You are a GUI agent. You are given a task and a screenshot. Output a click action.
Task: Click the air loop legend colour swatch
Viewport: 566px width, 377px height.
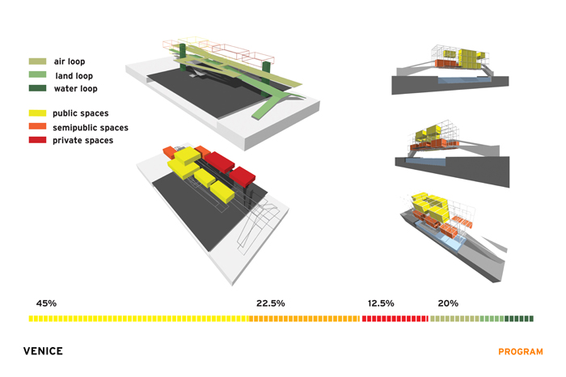tap(37, 61)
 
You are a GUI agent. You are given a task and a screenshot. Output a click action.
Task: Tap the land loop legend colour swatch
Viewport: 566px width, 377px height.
tap(37, 74)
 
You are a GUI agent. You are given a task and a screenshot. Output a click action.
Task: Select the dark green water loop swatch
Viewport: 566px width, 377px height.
tap(37, 88)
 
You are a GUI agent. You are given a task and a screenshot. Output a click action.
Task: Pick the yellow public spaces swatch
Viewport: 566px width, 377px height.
tap(37, 113)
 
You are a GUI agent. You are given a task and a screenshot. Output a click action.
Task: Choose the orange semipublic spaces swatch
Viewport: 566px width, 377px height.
tap(37, 126)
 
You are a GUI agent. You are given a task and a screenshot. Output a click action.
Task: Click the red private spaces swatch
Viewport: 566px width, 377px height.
tap(37, 140)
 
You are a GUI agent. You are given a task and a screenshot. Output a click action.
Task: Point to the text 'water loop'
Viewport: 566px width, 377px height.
tap(76, 88)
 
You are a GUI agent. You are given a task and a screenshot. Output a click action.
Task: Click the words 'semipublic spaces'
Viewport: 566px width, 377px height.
tap(91, 128)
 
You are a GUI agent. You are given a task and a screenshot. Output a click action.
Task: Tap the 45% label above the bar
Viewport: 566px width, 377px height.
tap(46, 303)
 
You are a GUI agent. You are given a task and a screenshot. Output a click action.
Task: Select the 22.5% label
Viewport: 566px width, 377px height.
tap(271, 303)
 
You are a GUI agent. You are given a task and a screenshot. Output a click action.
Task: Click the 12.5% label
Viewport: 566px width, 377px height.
tap(381, 303)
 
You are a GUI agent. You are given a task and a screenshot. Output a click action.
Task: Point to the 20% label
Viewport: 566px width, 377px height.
tap(448, 303)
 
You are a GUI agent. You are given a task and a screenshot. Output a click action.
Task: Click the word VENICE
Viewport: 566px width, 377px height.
tap(43, 351)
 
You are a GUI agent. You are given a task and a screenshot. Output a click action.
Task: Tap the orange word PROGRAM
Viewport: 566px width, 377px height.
tap(521, 352)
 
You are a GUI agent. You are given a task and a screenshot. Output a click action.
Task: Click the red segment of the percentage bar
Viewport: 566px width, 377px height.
tap(395, 319)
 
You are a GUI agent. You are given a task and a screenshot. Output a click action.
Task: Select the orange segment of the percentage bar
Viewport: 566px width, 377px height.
tap(304, 319)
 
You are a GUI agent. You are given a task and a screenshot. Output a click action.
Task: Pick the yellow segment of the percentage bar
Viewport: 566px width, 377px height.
tap(138, 319)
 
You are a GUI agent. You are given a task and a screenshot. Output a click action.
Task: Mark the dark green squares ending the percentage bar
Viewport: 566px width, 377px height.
tap(519, 319)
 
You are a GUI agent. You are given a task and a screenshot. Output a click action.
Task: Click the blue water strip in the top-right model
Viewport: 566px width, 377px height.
tap(465, 79)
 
